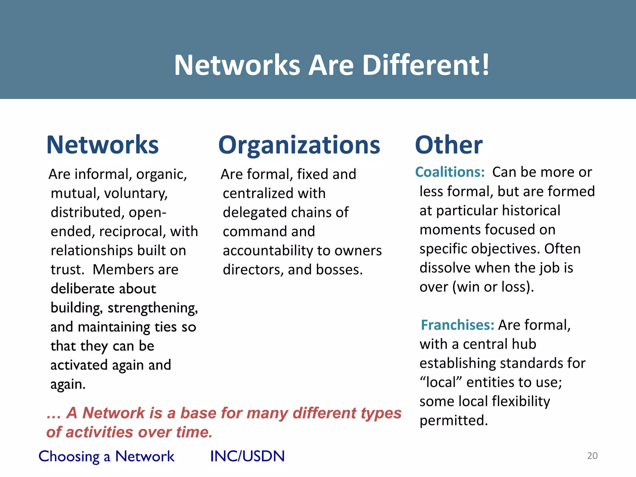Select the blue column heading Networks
102,145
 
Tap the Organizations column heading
299,145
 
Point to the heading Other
449,145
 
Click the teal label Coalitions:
450,172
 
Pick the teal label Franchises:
457,325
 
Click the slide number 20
592,456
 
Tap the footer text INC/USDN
247,456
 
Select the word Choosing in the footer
69,457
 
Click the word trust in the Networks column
66,270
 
